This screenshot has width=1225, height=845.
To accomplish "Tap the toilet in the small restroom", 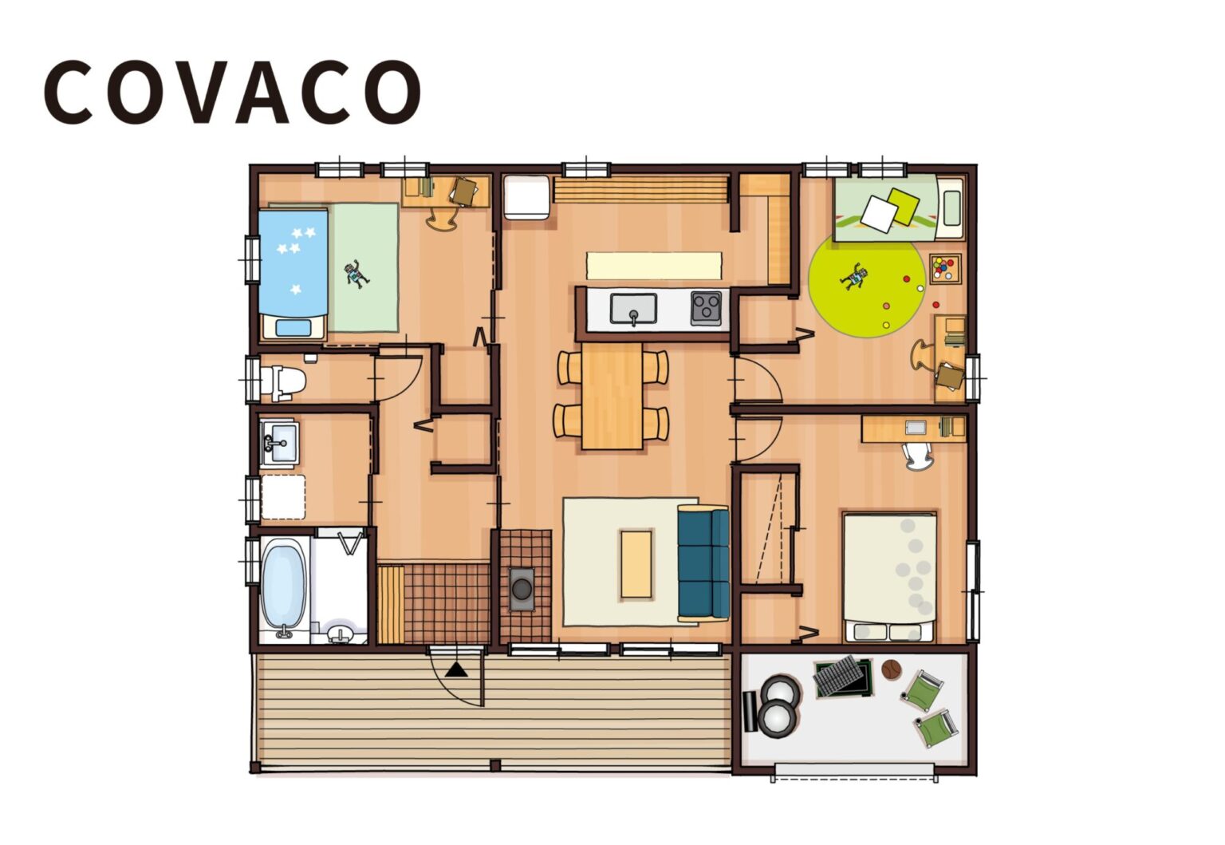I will [286, 381].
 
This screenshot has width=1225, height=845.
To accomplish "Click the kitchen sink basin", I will [633, 308].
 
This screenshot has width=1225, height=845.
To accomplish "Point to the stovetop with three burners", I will [706, 307].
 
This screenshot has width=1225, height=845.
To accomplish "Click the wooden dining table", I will [612, 396].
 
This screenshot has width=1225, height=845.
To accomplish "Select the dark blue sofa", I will [703, 563].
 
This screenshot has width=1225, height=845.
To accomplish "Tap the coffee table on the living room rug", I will [636, 563].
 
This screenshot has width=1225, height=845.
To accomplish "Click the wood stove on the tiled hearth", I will [522, 589].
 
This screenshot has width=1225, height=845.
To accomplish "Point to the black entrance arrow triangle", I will [456, 669].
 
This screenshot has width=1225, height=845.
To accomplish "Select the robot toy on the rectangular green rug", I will [356, 274].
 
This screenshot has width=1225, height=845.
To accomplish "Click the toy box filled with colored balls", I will [946, 268].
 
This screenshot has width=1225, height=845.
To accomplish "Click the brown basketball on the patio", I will [891, 669].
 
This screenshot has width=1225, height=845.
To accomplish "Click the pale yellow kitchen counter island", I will [654, 265].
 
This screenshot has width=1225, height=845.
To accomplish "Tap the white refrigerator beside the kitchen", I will [526, 196].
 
